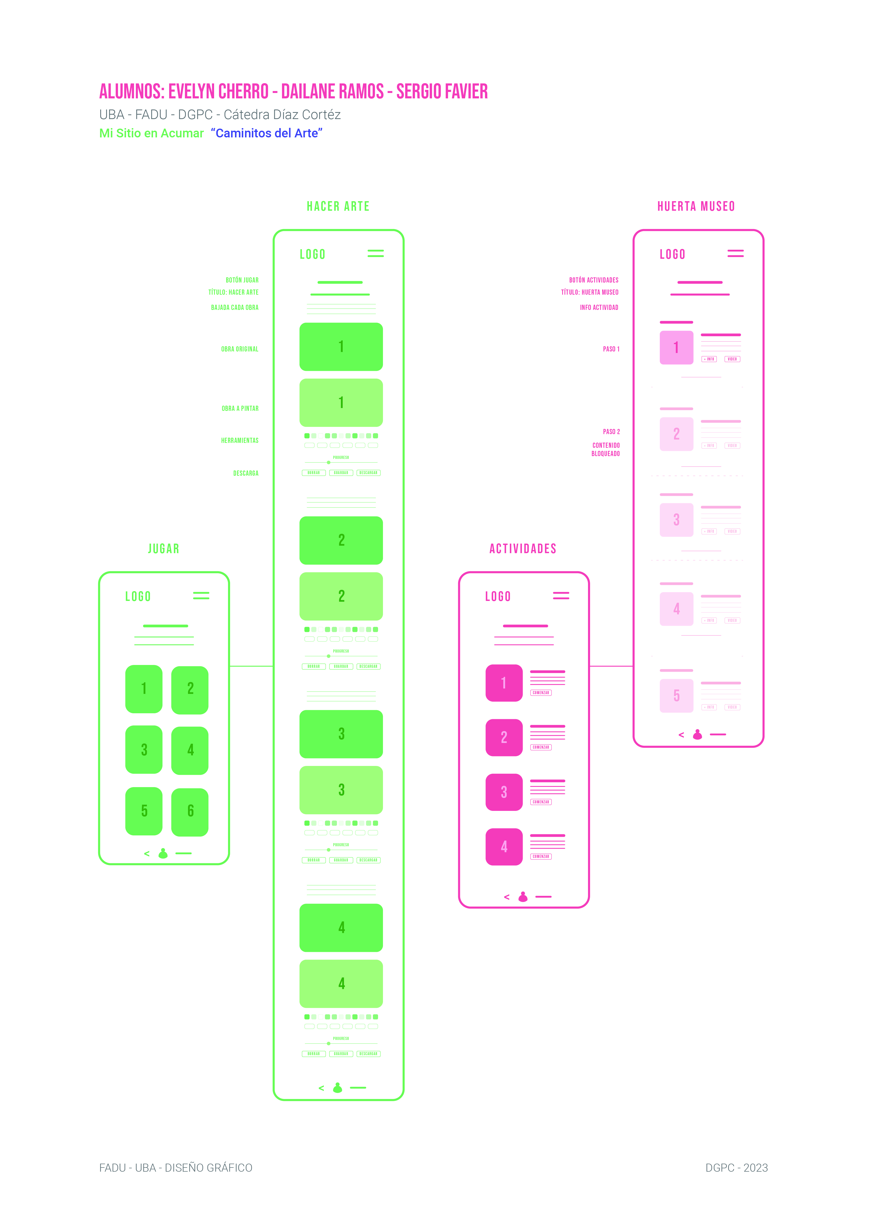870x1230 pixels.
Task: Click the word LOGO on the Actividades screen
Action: point(498,597)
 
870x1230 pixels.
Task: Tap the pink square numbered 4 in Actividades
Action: point(504,847)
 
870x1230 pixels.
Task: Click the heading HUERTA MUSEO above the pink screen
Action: point(696,207)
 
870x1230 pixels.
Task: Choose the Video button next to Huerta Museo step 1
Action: point(732,359)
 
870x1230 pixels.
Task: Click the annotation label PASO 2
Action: point(611,432)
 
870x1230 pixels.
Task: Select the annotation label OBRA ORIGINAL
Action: point(239,349)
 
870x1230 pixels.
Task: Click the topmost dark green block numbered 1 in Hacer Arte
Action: point(341,347)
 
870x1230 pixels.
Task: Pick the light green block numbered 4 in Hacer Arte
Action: point(341,984)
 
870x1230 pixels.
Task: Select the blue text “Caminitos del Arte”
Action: point(267,134)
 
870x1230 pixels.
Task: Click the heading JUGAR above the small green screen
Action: point(163,549)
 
